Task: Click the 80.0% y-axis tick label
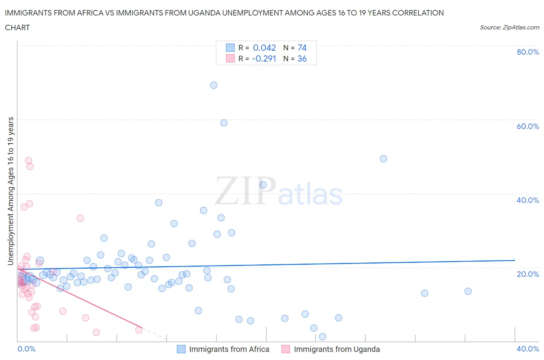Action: [x=528, y=52]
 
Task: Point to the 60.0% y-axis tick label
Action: [x=528, y=126]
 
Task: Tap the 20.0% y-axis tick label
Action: [x=528, y=274]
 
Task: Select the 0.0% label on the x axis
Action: [x=26, y=349]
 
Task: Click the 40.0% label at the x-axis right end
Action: [x=528, y=349]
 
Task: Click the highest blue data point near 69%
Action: [x=214, y=85]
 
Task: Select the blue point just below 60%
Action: [x=224, y=123]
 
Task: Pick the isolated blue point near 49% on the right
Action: [x=383, y=159]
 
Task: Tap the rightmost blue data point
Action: [x=468, y=291]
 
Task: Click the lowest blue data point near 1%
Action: [x=322, y=337]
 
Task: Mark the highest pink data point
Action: [x=28, y=161]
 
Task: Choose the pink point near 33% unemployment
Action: [x=80, y=218]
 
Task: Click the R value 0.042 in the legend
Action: [x=264, y=48]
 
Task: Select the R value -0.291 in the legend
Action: [x=264, y=58]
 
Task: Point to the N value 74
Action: [x=302, y=48]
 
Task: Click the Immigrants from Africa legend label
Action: [x=229, y=349]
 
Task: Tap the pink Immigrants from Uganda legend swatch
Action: [x=286, y=349]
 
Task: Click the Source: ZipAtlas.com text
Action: [x=509, y=27]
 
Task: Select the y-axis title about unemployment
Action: [x=11, y=191]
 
